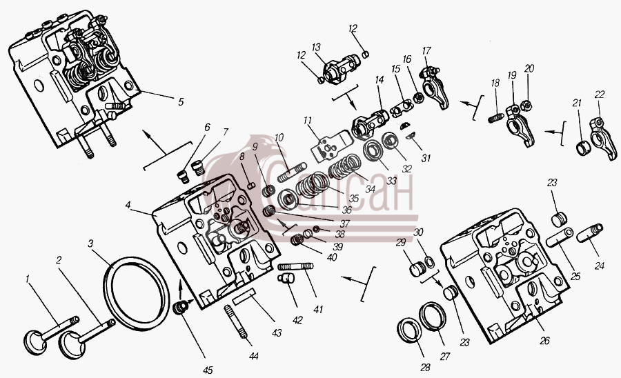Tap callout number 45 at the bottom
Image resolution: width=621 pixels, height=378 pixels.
click(208, 370)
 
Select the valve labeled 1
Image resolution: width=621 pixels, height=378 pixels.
click(50, 334)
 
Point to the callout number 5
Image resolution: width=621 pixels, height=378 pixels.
click(181, 101)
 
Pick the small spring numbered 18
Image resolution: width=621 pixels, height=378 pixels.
click(495, 117)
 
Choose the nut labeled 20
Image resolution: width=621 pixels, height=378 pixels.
click(526, 106)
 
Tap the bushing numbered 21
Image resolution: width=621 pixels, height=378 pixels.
click(582, 148)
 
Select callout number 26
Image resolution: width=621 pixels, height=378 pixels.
click(544, 340)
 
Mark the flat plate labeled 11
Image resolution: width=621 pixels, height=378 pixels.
click(332, 146)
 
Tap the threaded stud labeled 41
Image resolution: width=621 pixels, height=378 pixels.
click(296, 266)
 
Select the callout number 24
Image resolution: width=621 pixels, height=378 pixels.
click(599, 265)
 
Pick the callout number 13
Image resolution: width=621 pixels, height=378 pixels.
click(315, 48)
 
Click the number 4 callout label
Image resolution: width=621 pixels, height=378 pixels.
click(128, 205)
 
